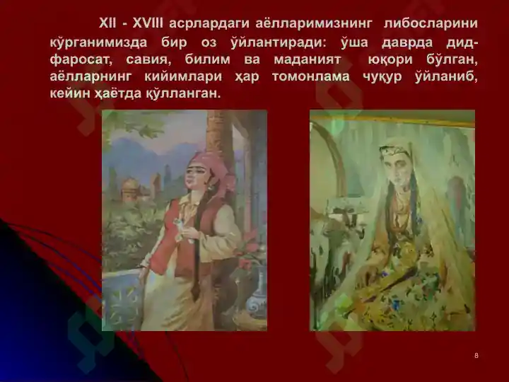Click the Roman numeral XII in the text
tap(107, 23)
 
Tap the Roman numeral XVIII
tap(148, 23)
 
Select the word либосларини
tap(431, 24)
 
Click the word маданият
tap(308, 59)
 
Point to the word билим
tap(207, 59)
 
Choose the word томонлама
tap(310, 76)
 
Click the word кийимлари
tap(183, 76)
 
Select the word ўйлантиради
tap(279, 42)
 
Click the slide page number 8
tap(476, 356)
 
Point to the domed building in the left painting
tap(130, 189)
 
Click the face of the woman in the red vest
tap(197, 177)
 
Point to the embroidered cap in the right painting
tap(394, 150)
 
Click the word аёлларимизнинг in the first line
tap(313, 24)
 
